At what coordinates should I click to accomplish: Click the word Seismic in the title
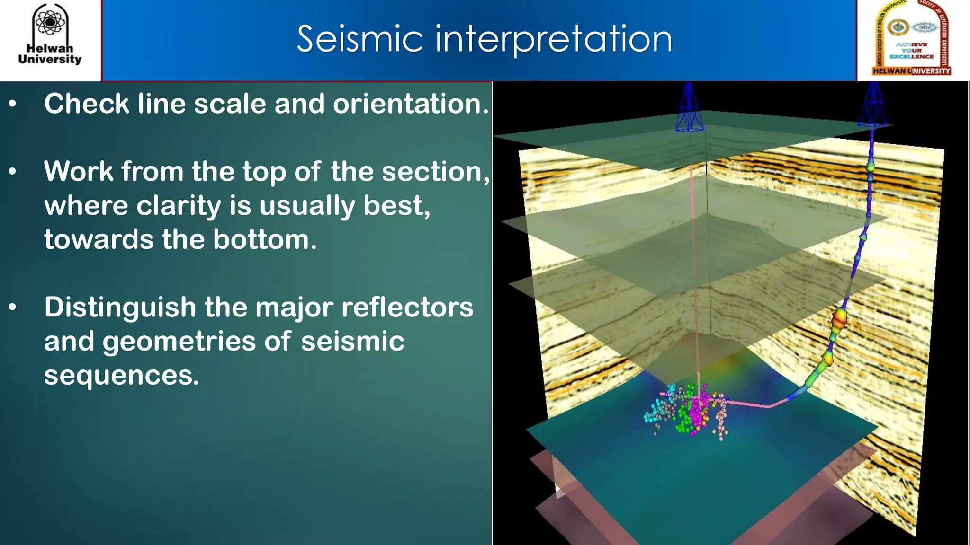coord(359,39)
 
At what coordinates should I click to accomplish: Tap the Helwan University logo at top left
coord(50,35)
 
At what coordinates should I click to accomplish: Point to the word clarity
coord(179,206)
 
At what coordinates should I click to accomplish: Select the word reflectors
coord(407,308)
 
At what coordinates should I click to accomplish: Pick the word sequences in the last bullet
coord(121,376)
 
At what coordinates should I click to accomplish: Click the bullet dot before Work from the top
coord(13,172)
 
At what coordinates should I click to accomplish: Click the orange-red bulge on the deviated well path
coord(839,317)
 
